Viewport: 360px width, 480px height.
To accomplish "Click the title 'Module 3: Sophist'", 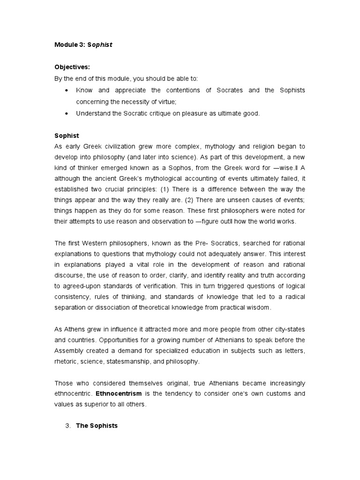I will (x=83, y=45).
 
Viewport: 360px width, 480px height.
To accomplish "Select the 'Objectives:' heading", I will (x=72, y=67).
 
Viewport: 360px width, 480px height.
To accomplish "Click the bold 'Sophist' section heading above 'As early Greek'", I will (x=67, y=135).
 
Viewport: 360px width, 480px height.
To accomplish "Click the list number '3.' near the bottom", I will (x=67, y=426).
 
